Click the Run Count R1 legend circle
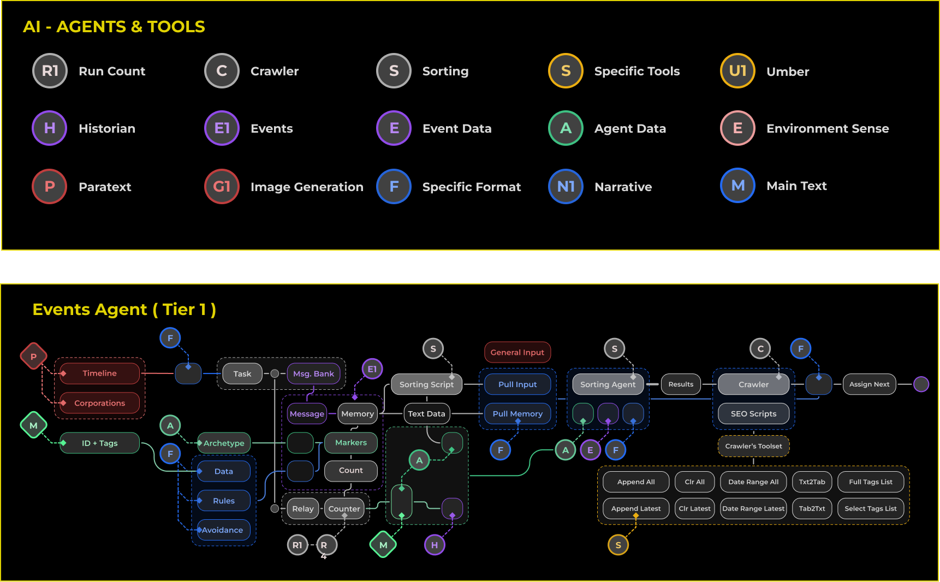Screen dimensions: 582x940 [x=50, y=71]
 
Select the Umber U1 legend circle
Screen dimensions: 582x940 [x=737, y=71]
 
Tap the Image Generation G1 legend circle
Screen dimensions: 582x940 [x=222, y=187]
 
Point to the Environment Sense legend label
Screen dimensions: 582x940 [x=828, y=129]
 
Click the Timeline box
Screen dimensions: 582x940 [x=100, y=373]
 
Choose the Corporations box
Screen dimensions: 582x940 [x=100, y=403]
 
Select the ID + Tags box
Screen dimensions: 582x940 [x=100, y=443]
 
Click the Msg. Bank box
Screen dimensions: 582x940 [x=313, y=374]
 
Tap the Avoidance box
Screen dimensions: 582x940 [x=223, y=530]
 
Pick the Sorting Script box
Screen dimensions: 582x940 [x=426, y=384]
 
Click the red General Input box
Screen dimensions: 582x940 [x=517, y=352]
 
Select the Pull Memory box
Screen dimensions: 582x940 [x=517, y=414]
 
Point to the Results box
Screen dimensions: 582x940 [x=681, y=384]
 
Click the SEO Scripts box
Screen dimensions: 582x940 [x=753, y=414]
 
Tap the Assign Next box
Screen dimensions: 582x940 [x=869, y=384]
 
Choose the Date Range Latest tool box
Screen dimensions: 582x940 [x=753, y=508]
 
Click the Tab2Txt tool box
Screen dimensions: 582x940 [x=812, y=508]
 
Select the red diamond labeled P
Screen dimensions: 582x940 [x=33, y=357]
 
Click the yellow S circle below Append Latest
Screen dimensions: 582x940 [x=618, y=545]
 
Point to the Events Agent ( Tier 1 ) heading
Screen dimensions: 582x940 [x=124, y=310]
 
